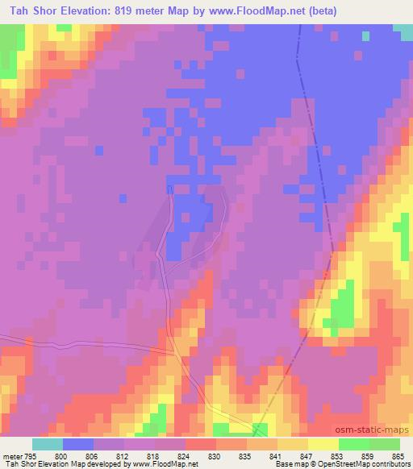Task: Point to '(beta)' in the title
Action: (320, 11)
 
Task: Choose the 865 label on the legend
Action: (398, 456)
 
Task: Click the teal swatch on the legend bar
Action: (48, 444)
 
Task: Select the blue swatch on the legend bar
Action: (78, 444)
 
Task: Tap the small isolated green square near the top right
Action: (366, 35)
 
